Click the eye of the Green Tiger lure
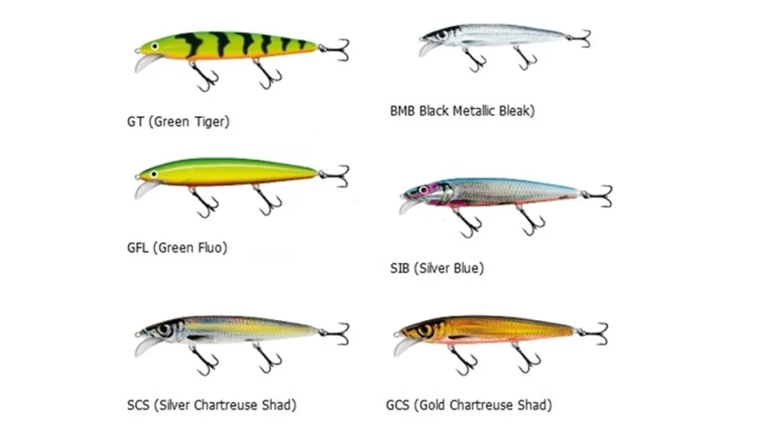coord(155,46)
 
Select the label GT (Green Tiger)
coord(178,121)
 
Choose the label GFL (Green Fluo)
coord(177,248)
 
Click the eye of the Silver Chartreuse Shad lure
coord(164,330)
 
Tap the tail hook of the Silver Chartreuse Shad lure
coord(338,333)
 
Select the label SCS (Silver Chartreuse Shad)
coord(211,404)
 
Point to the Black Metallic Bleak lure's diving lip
coord(428,49)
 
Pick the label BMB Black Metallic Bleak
coord(462,111)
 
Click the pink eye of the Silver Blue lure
coord(423,189)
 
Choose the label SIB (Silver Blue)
coord(436,269)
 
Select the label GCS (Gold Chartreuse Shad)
coord(468,404)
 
